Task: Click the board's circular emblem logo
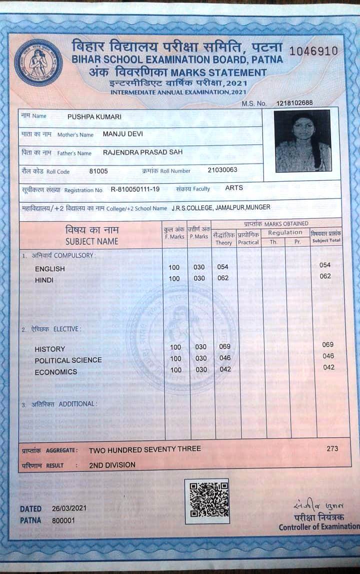[38, 63]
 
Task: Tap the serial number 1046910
[313, 51]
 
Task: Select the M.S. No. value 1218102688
[294, 103]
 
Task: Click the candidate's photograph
[303, 141]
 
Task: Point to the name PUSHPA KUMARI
[94, 117]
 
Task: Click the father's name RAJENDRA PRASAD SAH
[142, 152]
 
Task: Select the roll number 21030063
[222, 170]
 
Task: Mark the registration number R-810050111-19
[135, 190]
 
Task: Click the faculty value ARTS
[234, 188]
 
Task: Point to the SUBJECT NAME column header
[92, 241]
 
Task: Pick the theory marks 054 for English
[223, 267]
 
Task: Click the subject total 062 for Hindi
[325, 276]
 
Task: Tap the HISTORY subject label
[50, 349]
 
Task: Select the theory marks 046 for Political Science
[225, 358]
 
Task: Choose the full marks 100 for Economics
[175, 370]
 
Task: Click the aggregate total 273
[332, 448]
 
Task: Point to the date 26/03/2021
[69, 508]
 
